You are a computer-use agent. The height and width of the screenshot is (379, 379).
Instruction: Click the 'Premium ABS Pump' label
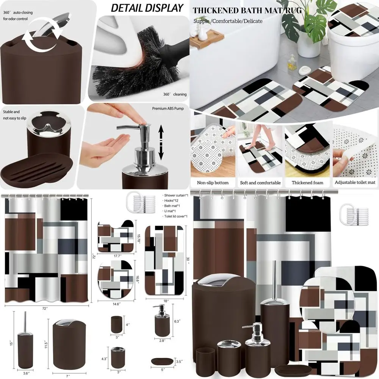168,109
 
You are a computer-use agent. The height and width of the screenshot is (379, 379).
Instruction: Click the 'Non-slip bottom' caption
213,183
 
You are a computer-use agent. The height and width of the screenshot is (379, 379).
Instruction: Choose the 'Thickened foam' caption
307,183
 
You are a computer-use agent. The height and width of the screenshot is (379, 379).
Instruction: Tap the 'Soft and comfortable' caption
260,183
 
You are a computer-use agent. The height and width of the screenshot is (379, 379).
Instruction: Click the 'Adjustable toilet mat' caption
355,183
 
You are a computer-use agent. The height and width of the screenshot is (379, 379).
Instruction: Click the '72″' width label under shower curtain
45,309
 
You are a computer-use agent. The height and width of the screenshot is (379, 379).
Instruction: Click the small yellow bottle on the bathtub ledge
292,60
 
